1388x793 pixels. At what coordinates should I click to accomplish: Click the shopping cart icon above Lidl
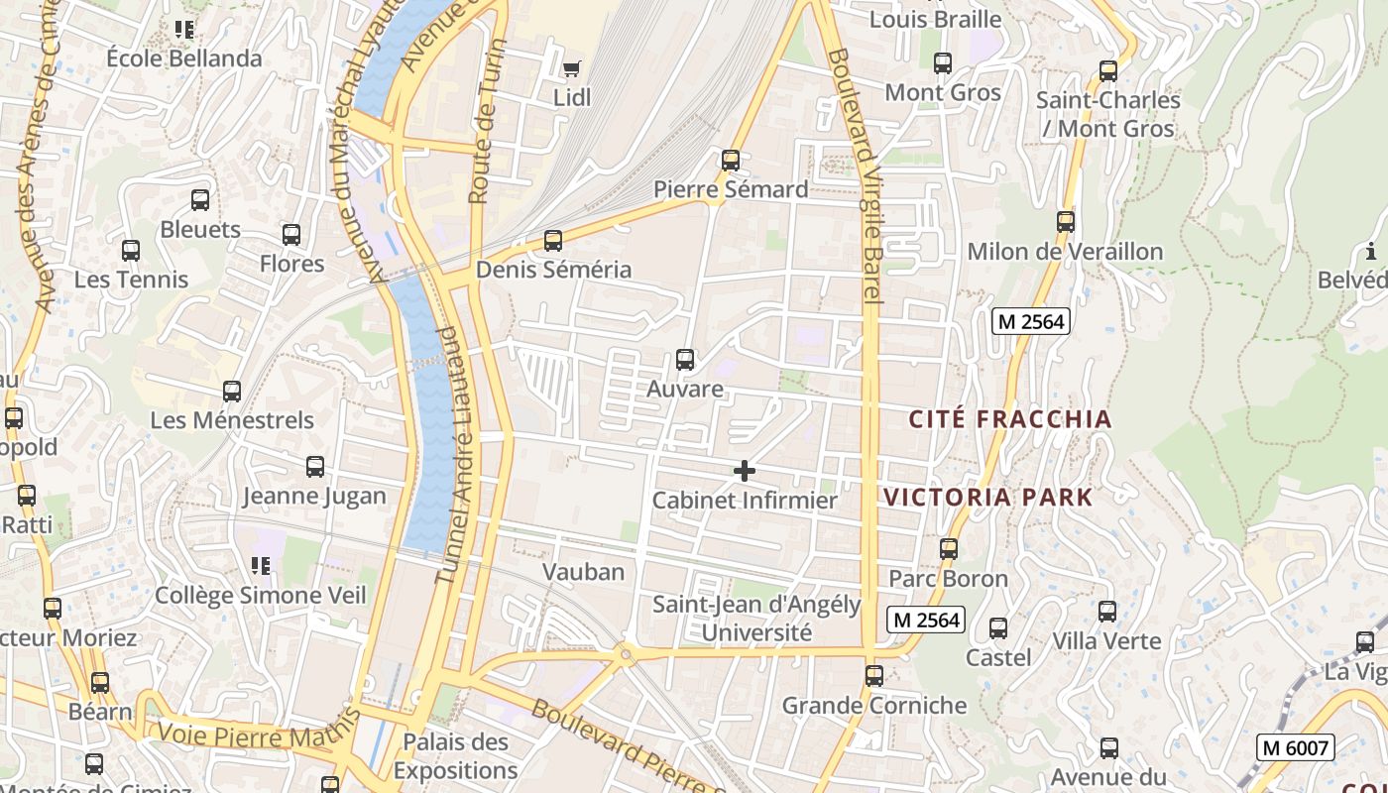coord(571,68)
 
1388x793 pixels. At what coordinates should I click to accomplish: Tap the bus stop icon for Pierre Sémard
coord(731,160)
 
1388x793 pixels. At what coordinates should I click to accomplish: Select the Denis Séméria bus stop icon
coord(553,240)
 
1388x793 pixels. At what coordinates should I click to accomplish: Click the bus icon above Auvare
coord(684,360)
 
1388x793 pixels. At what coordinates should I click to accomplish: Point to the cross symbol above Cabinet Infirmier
coord(744,471)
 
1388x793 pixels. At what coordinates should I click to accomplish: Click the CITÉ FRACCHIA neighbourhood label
coord(1010,419)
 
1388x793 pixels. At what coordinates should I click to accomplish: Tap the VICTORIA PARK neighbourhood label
coord(987,498)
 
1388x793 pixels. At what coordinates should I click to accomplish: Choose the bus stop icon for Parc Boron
coord(949,549)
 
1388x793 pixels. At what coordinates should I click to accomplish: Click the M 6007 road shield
coord(1295,747)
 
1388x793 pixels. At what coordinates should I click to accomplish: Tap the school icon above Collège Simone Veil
coord(261,566)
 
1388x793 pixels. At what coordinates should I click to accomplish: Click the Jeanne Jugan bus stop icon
coord(315,466)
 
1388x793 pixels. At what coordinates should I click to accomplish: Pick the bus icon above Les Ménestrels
coord(232,392)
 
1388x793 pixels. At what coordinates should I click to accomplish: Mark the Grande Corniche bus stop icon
coord(873,676)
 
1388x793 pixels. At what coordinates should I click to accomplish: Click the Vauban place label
coord(583,572)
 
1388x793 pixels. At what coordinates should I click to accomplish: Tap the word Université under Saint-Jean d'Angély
coord(756,632)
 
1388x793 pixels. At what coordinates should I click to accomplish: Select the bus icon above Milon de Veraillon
coord(1066,222)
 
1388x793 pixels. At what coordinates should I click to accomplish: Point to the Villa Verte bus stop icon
coord(1107,612)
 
